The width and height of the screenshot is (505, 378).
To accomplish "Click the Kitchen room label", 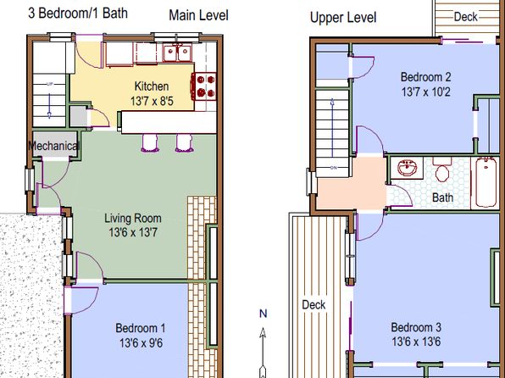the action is tap(152, 86).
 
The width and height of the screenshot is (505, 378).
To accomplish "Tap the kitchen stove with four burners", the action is tap(204, 86).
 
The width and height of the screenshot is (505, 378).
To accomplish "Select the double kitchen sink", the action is tap(177, 53).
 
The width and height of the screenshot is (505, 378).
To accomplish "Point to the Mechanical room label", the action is tap(53, 146).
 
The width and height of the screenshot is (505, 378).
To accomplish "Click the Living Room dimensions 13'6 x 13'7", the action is tap(133, 232).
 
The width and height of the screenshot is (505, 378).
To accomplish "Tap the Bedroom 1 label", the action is tap(141, 328).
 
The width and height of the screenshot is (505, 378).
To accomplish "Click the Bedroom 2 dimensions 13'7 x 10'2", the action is tap(425, 92).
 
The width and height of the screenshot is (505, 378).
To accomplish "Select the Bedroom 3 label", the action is tap(416, 327).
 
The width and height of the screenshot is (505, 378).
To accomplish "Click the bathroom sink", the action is tap(407, 168).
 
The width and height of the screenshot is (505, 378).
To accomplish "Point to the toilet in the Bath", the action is tap(442, 170).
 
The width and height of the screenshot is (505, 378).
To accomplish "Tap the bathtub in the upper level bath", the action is tap(486, 182).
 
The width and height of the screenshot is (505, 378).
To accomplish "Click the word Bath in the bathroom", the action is tap(442, 197).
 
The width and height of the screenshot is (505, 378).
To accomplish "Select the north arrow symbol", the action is tap(263, 353).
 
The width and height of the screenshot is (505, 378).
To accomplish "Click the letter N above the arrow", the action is tap(264, 314).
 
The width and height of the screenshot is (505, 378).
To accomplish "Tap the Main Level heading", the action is tap(199, 15).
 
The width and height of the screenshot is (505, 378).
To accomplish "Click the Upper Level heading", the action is tap(343, 18).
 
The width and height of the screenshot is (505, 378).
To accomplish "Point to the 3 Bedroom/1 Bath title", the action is tap(78, 13).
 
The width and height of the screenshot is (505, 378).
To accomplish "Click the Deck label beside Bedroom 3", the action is tap(314, 304).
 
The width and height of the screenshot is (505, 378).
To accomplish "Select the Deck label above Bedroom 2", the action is tap(465, 17).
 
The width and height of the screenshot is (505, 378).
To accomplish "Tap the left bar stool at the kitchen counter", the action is tap(150, 142).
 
